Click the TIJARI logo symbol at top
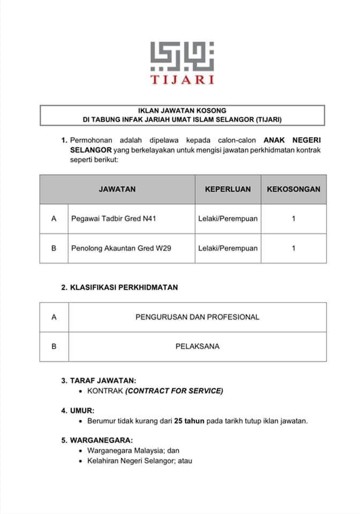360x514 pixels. tap(182, 56)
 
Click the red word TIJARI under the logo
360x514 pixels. tap(182, 80)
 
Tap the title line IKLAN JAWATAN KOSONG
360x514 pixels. tap(182, 110)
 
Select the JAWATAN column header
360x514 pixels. tap(117, 189)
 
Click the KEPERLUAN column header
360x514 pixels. tap(228, 189)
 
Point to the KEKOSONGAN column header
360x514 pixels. tap(294, 189)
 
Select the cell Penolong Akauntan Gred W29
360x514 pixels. tap(121, 248)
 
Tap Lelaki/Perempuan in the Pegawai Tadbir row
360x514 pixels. tap(228, 218)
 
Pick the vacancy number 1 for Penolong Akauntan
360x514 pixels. tap(294, 248)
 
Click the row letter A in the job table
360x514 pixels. tap(54, 218)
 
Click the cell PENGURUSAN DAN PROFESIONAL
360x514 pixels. tap(197, 317)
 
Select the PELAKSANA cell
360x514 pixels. tap(197, 346)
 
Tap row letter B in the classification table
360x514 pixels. tap(54, 346)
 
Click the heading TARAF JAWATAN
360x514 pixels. tap(102, 381)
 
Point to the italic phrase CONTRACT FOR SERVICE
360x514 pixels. tap(174, 391)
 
